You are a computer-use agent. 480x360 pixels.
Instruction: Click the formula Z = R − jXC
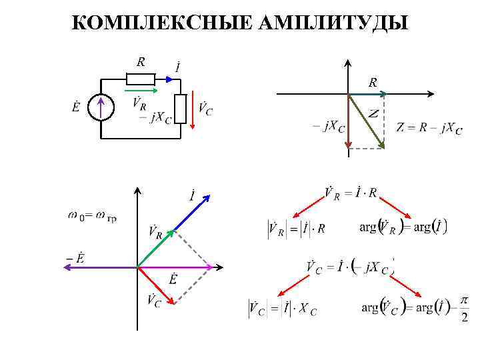coord(429,128)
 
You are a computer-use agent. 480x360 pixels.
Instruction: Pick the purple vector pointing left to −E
coord(100,267)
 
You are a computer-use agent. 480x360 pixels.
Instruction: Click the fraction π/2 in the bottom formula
coord(464,310)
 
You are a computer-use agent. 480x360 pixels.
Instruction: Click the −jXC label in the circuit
coord(155,118)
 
